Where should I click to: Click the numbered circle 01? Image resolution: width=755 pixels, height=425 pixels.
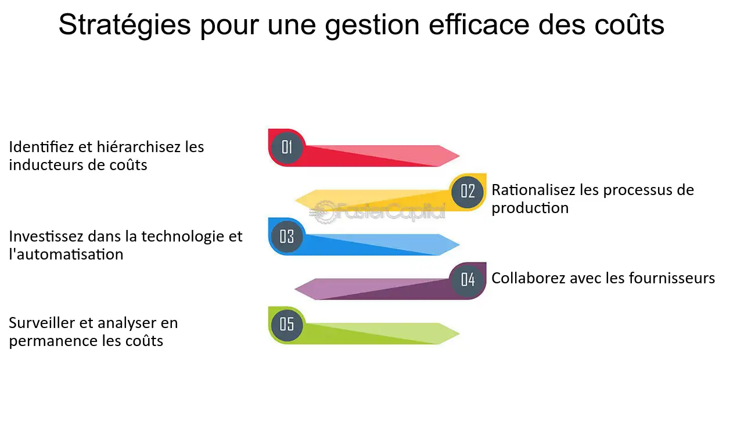[287, 147]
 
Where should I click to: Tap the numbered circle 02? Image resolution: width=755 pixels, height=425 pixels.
[468, 191]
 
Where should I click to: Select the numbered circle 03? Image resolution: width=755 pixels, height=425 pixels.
[287, 236]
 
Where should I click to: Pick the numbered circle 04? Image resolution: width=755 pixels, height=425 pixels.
[468, 279]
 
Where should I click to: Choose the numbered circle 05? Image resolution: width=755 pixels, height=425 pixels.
[287, 324]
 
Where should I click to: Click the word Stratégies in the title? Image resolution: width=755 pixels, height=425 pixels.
[125, 26]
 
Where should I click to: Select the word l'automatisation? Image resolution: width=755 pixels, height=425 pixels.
[66, 254]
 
